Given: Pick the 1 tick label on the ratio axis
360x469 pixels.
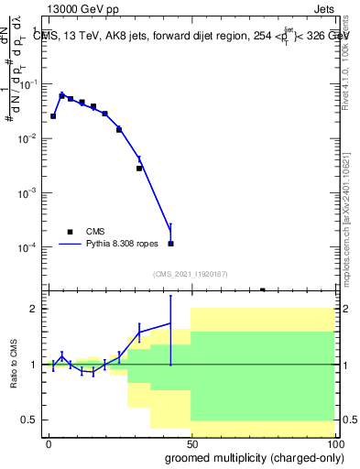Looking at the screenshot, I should coord(33,365).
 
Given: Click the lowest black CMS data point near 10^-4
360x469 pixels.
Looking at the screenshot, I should coord(170,244).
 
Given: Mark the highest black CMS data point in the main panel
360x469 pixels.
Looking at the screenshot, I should coord(61,95).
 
